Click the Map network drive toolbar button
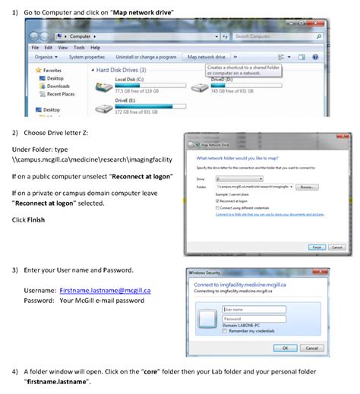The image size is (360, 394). point(206,57)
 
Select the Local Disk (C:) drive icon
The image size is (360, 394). point(103,87)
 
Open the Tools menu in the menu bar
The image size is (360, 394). point(78,47)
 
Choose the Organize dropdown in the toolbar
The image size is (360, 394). point(46,57)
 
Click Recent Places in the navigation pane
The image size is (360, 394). point(60,94)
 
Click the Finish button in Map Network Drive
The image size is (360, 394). point(316,247)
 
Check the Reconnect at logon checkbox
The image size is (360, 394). point(217,200)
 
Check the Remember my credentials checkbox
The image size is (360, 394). point(225,331)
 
